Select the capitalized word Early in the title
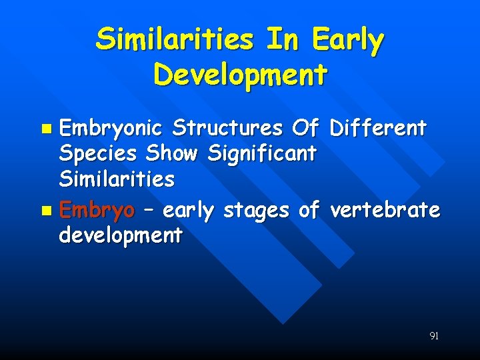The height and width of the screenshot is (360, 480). click(x=349, y=41)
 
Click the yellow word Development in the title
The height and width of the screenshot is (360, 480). click(x=240, y=75)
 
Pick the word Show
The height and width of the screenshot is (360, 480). click(x=171, y=153)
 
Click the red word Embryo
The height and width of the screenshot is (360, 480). click(x=97, y=211)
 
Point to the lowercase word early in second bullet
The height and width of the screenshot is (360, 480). click(x=188, y=211)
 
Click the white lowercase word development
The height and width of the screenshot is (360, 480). click(x=121, y=235)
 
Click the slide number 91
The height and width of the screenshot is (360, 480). click(x=434, y=336)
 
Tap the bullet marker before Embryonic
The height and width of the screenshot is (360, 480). click(x=45, y=127)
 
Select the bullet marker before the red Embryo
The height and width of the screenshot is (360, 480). click(x=45, y=211)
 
